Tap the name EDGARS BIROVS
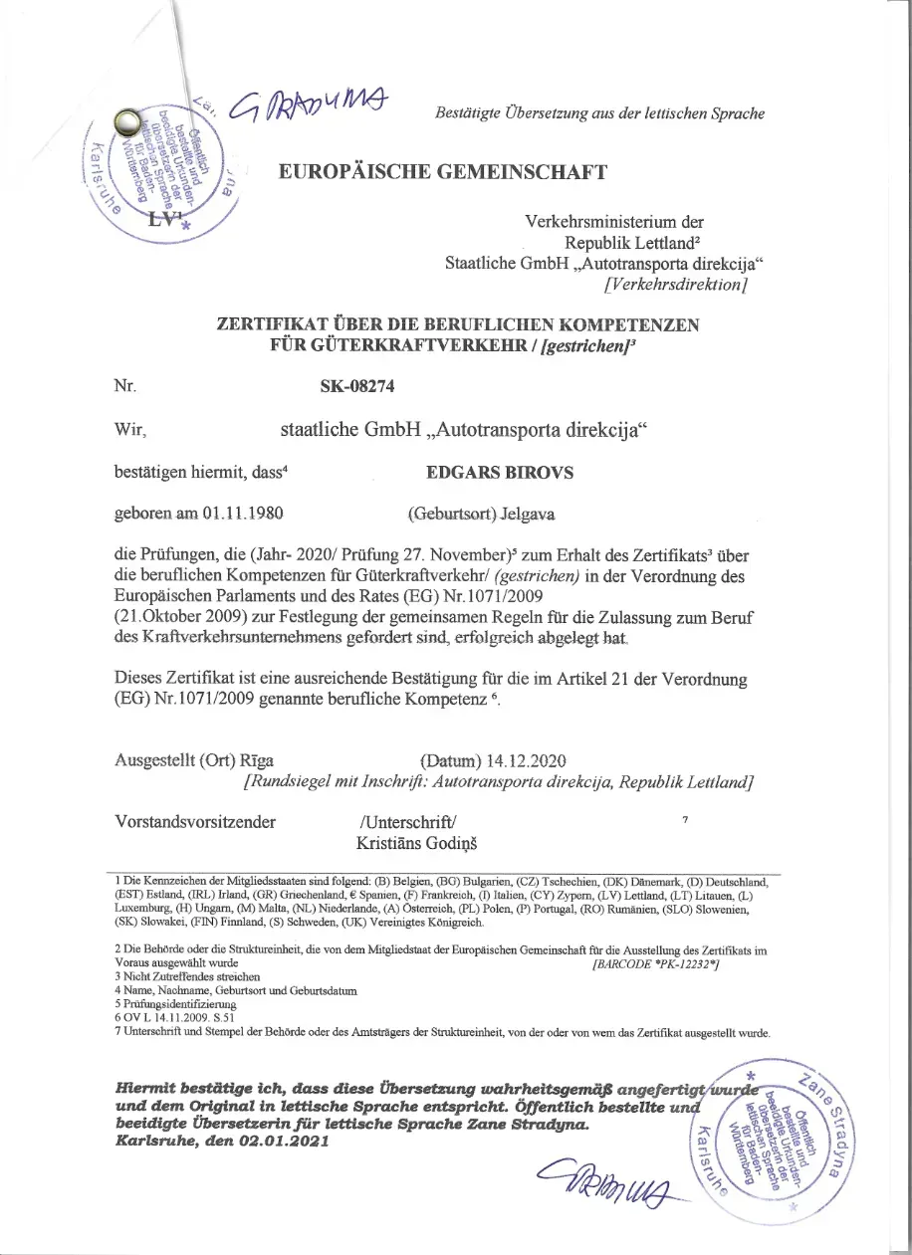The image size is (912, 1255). [x=493, y=473]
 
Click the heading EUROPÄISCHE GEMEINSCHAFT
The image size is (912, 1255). [x=443, y=172]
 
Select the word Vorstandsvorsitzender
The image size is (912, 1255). [x=196, y=822]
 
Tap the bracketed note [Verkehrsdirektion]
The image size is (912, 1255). [x=676, y=285]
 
